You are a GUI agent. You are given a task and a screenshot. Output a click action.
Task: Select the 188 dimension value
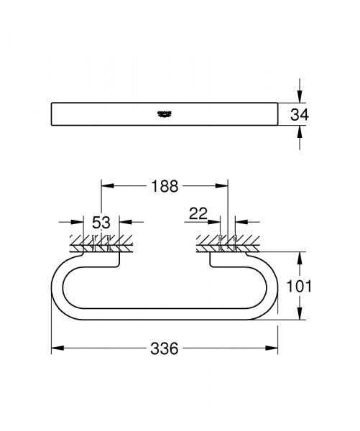pos(165,186)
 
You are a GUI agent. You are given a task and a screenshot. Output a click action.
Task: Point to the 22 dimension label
pos(199,213)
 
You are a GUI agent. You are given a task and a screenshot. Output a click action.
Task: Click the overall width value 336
pos(164,348)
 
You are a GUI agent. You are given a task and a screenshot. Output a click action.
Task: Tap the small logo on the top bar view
pos(164,113)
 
